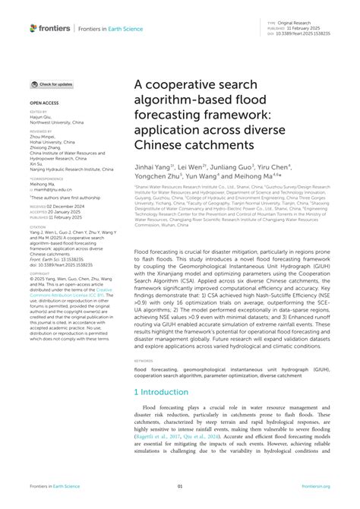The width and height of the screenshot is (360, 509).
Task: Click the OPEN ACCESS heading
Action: click(42, 101)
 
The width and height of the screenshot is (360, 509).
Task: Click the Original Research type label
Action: click(296, 24)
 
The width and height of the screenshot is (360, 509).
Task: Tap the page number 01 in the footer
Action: click(180, 486)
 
